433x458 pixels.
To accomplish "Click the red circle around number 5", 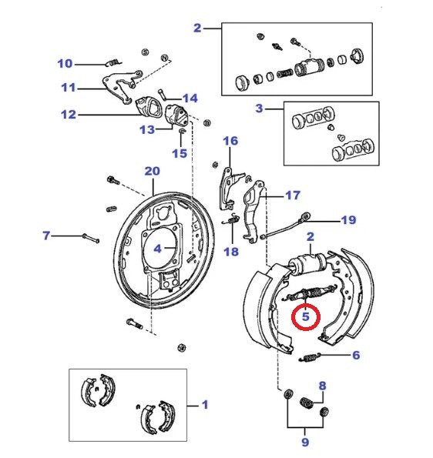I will (306, 316).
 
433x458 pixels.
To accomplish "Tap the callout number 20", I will (152, 171).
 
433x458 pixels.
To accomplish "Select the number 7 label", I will (46, 235).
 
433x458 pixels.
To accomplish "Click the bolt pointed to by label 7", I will (91, 239).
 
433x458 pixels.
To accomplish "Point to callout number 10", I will (65, 63).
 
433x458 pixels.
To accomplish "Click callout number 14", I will (190, 98).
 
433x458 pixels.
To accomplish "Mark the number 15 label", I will (179, 153).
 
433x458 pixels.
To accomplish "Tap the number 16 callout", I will (231, 141).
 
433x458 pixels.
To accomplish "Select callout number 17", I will (293, 195).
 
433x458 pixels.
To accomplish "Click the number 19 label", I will (348, 220).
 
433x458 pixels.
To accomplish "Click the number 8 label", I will (322, 386).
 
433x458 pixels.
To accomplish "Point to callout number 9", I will (305, 442).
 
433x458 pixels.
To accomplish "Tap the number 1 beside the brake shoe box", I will (204, 403).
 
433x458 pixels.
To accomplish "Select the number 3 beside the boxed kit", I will (260, 109).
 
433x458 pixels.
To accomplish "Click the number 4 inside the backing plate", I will (157, 249).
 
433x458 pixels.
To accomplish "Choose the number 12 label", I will (69, 115).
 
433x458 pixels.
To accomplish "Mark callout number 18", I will (231, 251).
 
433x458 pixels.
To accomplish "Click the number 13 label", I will (146, 129).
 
